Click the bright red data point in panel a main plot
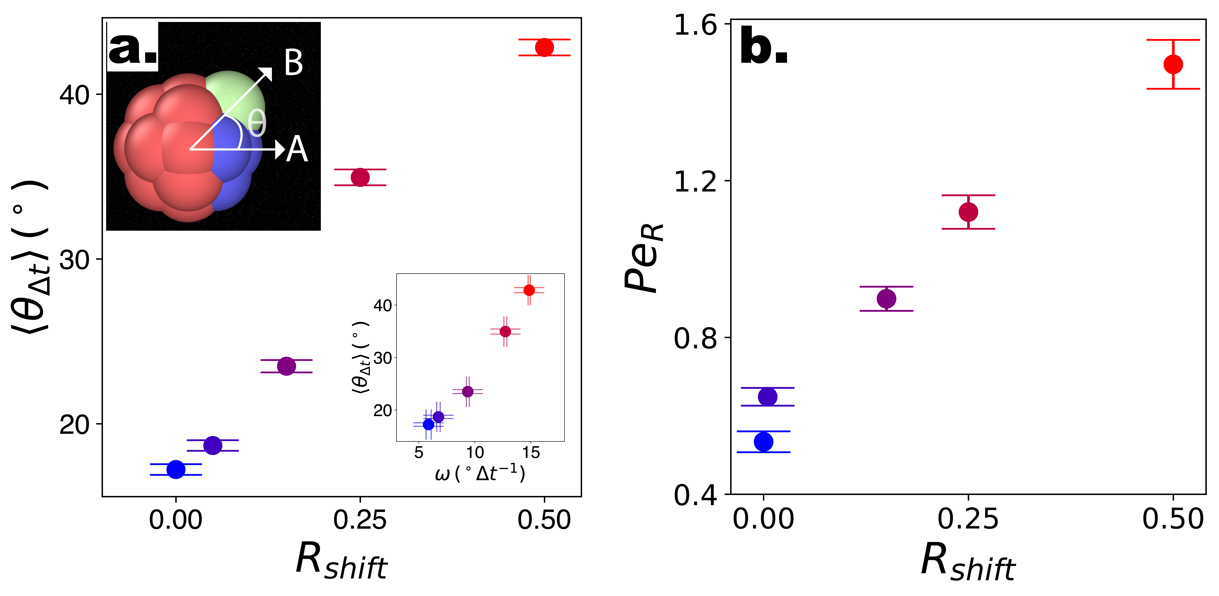tap(544, 47)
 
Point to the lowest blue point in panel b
tap(763, 442)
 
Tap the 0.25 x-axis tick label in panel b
tap(968, 519)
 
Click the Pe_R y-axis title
tap(644, 258)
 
